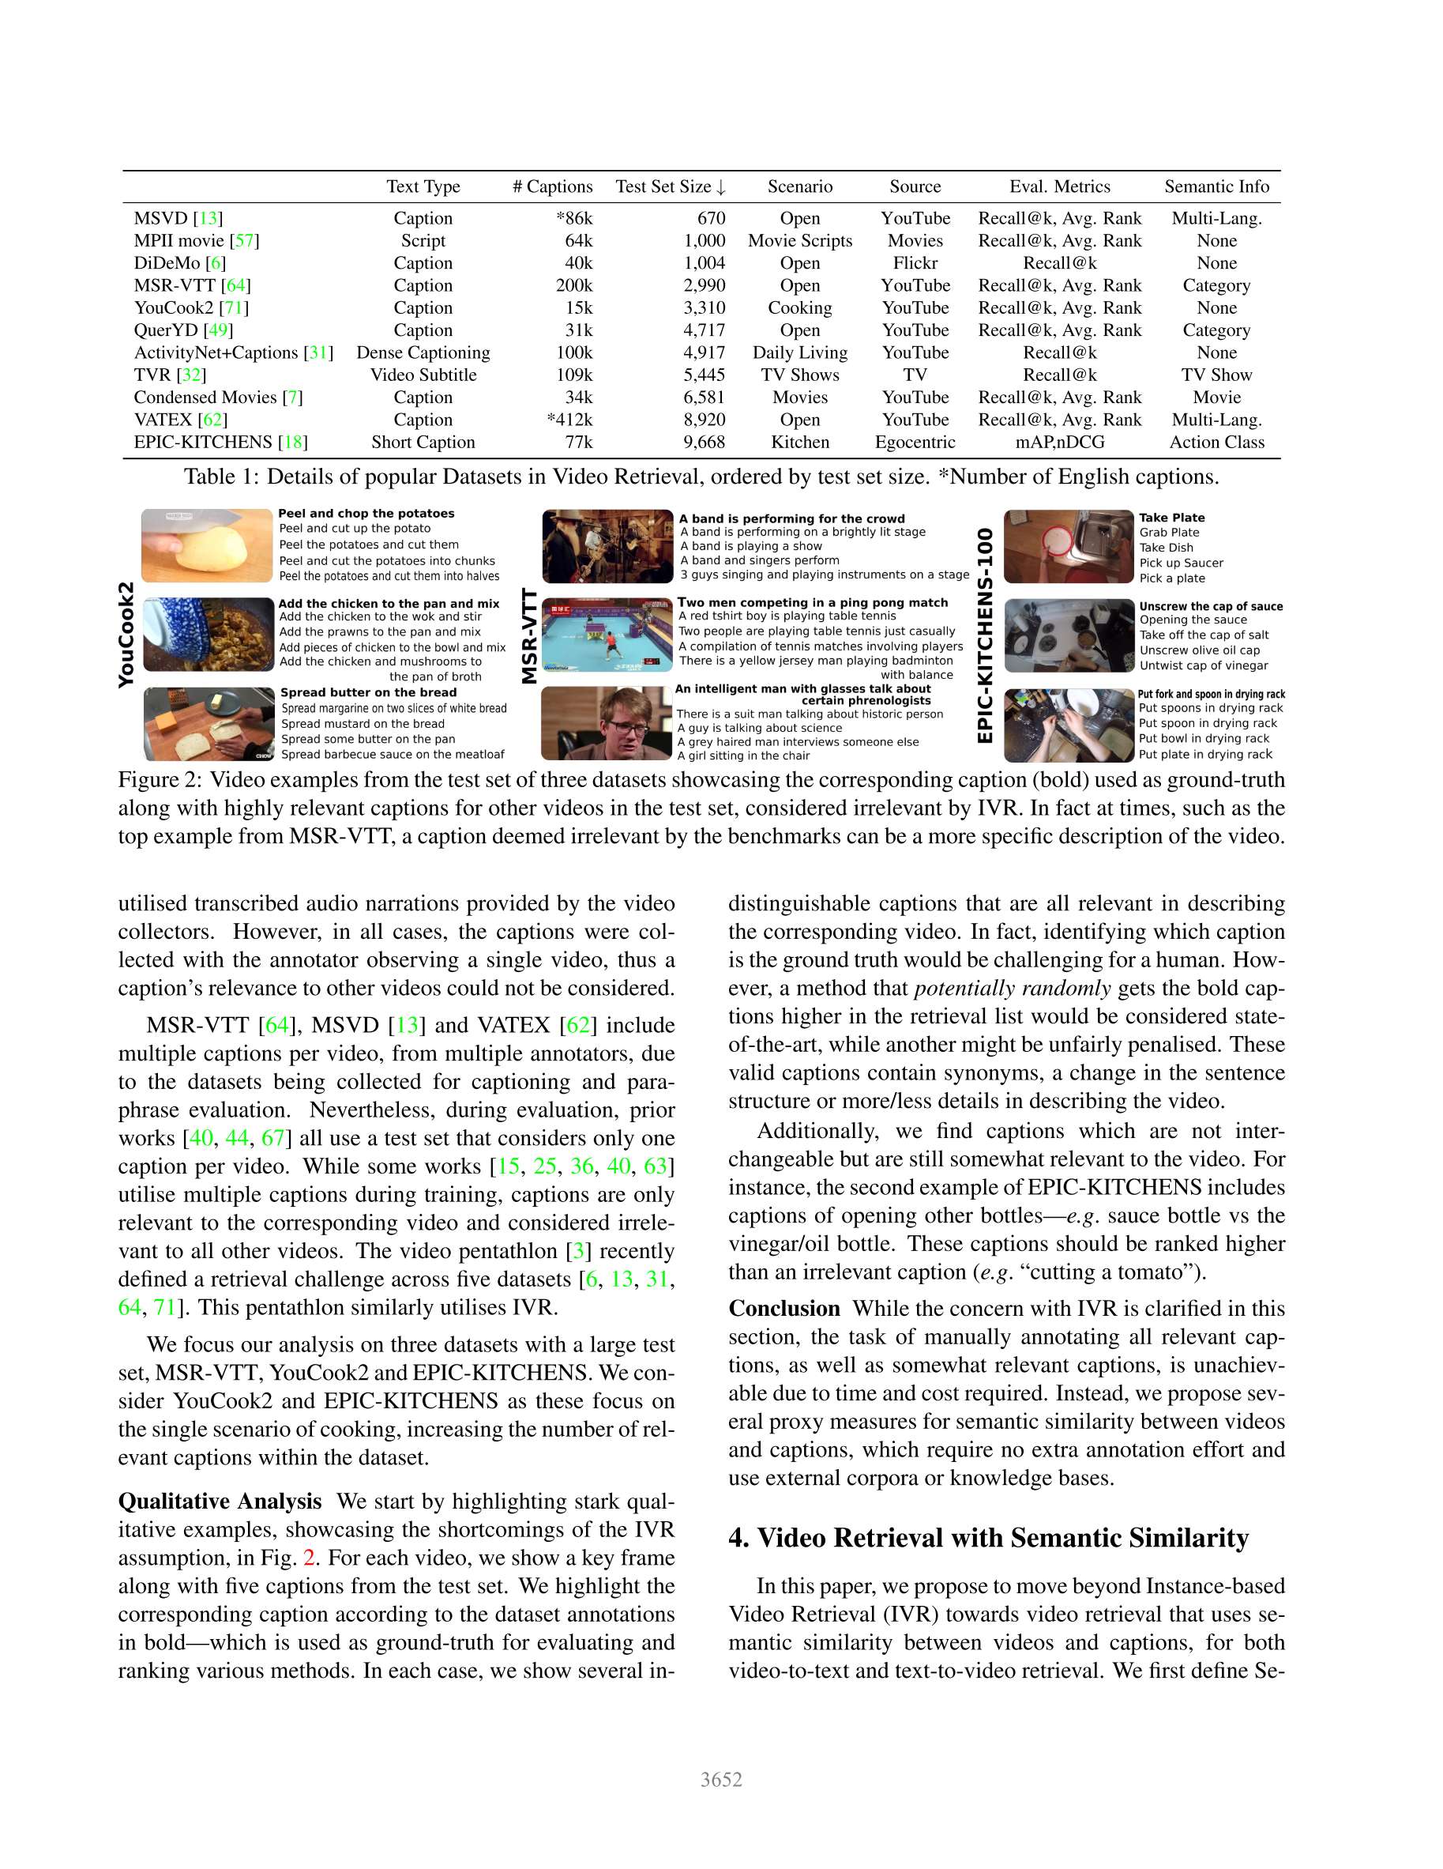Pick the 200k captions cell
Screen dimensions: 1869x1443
pos(574,286)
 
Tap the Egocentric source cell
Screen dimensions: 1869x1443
pos(915,443)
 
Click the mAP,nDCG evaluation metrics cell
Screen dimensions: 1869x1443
pos(1059,443)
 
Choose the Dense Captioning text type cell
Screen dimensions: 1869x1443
pos(423,352)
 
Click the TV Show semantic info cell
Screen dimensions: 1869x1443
pos(1216,375)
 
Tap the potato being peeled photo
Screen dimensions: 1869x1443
pos(207,545)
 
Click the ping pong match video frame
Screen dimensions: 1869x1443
pos(607,634)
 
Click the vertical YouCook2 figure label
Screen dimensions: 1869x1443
pos(126,634)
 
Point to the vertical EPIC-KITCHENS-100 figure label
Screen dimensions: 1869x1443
pos(986,635)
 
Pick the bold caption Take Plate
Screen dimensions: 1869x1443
pos(1171,518)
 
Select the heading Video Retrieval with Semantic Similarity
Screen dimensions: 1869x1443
pos(988,1538)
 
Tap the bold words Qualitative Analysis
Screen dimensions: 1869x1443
pos(220,1501)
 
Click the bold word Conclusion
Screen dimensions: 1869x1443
pos(784,1309)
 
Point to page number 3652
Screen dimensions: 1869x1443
pos(721,1780)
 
